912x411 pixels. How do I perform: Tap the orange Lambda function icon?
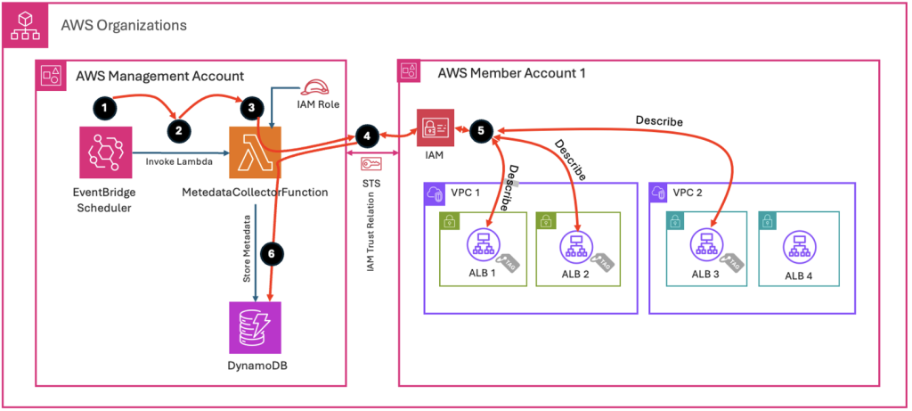click(x=255, y=152)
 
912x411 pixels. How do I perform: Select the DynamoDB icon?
click(x=255, y=328)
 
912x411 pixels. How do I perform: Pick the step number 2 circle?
click(x=179, y=129)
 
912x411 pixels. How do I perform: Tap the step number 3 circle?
click(x=252, y=106)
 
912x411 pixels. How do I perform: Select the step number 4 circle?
click(x=365, y=136)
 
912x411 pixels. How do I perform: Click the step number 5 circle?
click(x=482, y=130)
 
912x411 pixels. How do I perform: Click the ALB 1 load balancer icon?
click(x=484, y=244)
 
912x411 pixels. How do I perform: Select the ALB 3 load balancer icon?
click(x=707, y=244)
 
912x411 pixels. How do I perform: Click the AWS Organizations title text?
click(x=124, y=25)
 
